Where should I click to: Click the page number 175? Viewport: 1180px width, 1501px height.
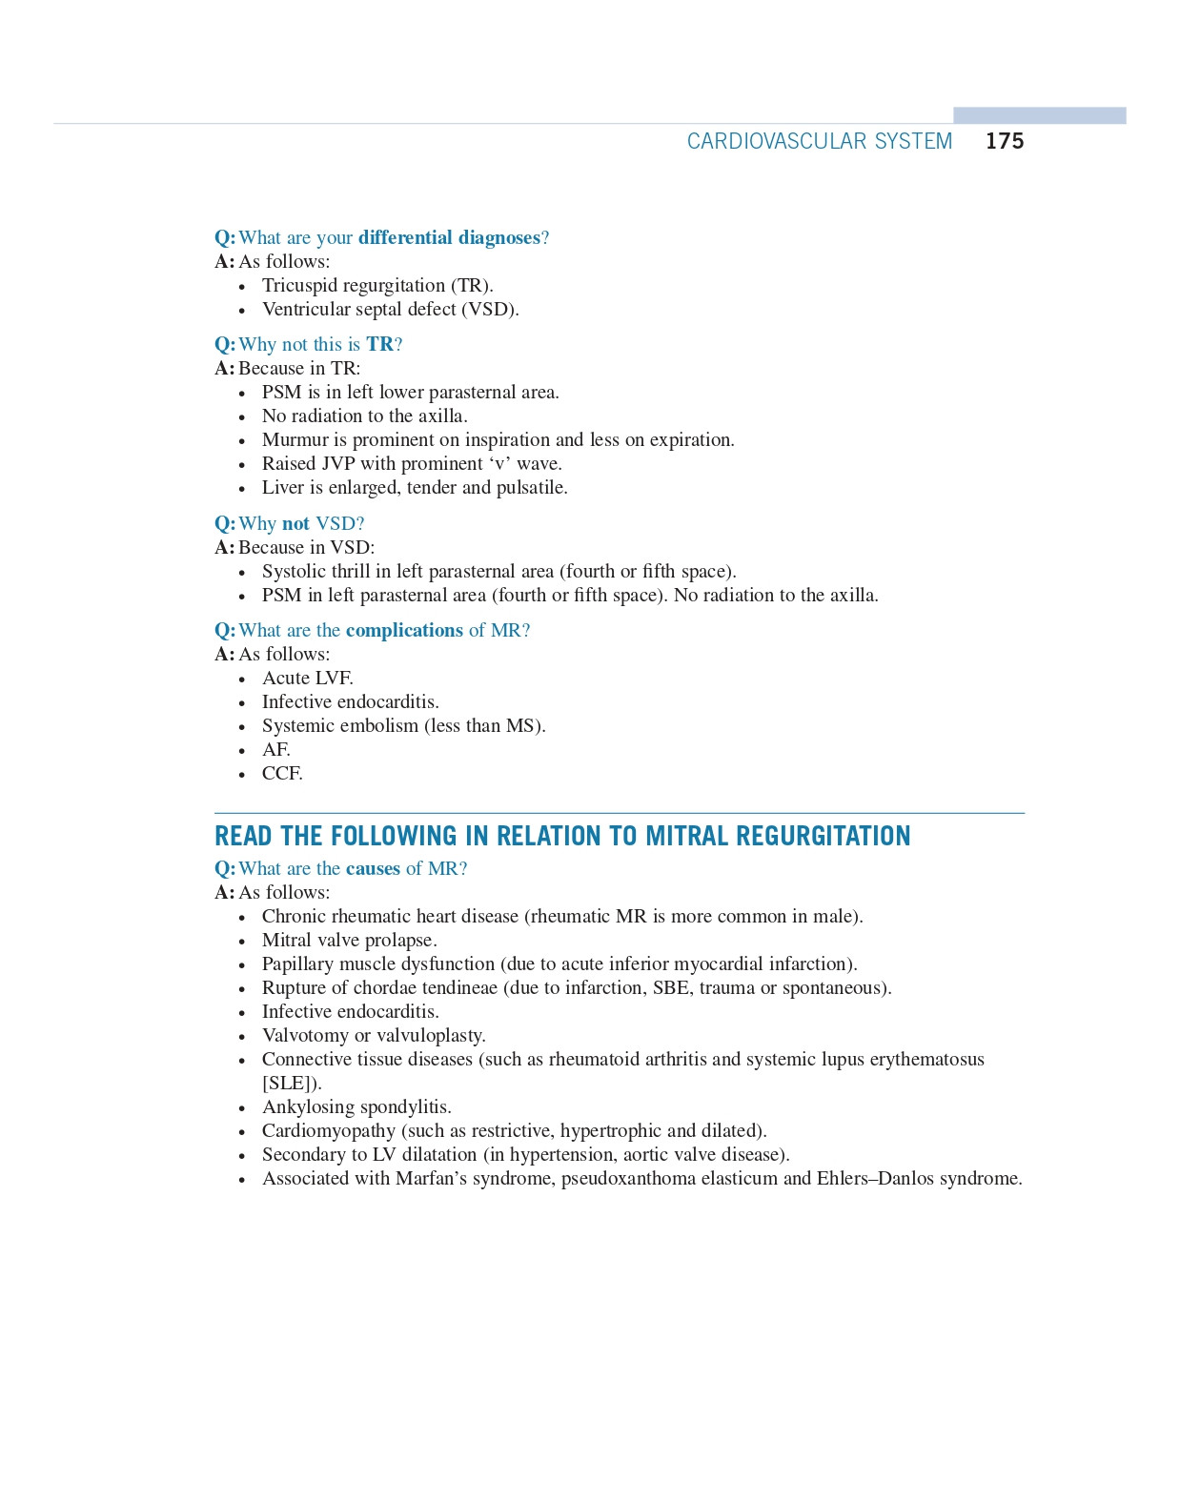coord(1005,141)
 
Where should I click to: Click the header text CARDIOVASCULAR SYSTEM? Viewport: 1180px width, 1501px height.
coord(819,141)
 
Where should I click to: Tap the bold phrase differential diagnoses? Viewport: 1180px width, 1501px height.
coord(449,237)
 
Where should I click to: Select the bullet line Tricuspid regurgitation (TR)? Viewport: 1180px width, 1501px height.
coord(377,285)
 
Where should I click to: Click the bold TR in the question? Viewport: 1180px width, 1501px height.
coord(379,344)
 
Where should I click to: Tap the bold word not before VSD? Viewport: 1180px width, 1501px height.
coord(295,523)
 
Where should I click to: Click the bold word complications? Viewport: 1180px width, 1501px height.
coord(404,630)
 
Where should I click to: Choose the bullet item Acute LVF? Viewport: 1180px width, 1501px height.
coord(307,678)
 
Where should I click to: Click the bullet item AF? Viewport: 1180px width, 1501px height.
coord(275,749)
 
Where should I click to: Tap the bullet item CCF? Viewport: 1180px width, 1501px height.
coord(282,773)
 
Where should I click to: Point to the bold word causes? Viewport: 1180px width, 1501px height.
coord(373,868)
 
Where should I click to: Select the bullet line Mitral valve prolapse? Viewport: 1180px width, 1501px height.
coord(349,940)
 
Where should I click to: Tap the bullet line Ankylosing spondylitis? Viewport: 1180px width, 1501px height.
coord(356,1106)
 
